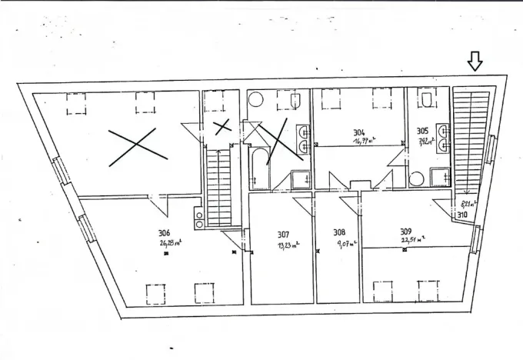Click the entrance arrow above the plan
click(x=475, y=62)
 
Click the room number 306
click(x=164, y=234)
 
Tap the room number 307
click(x=283, y=234)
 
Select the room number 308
click(x=338, y=232)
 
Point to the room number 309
click(x=405, y=231)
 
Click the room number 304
click(x=358, y=131)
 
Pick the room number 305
click(x=422, y=131)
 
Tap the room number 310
click(x=462, y=215)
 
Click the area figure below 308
click(x=344, y=245)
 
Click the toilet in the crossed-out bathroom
click(x=256, y=100)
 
